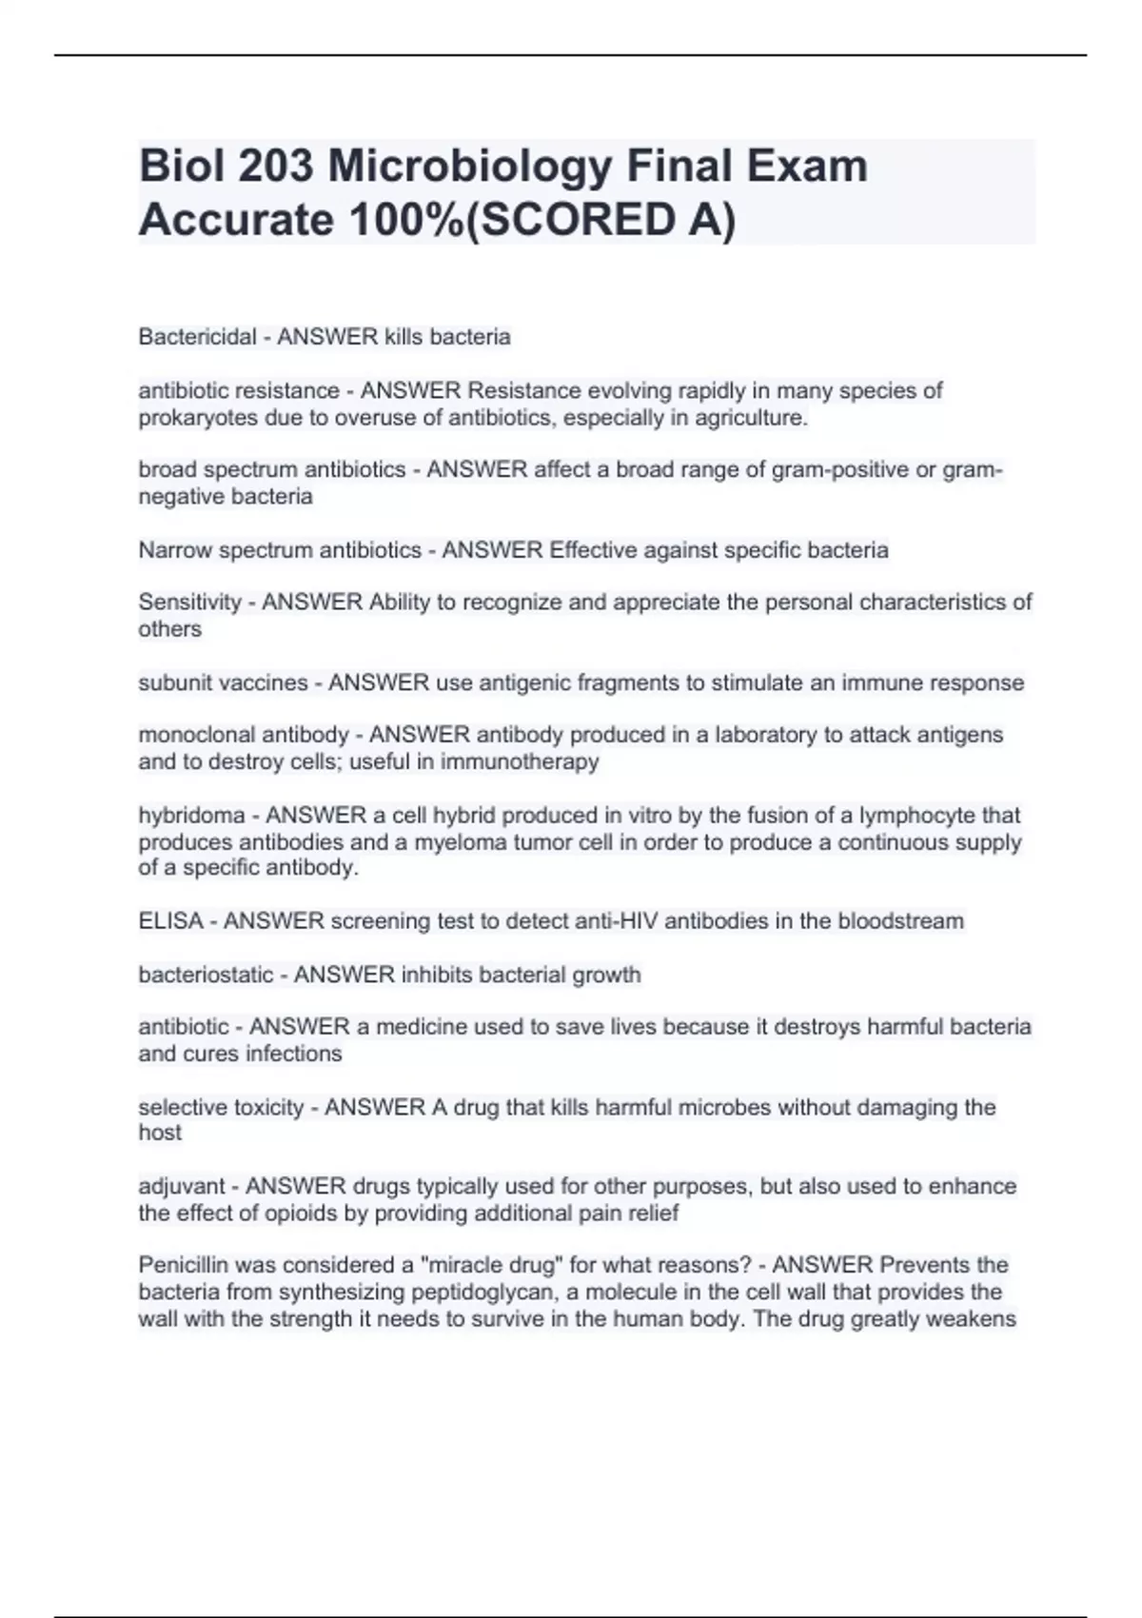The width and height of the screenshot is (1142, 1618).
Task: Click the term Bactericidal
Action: (x=197, y=337)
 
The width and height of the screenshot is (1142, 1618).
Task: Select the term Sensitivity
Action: (x=189, y=602)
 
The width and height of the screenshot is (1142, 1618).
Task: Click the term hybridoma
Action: (x=191, y=816)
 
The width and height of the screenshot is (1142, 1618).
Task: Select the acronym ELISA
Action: (x=170, y=921)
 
